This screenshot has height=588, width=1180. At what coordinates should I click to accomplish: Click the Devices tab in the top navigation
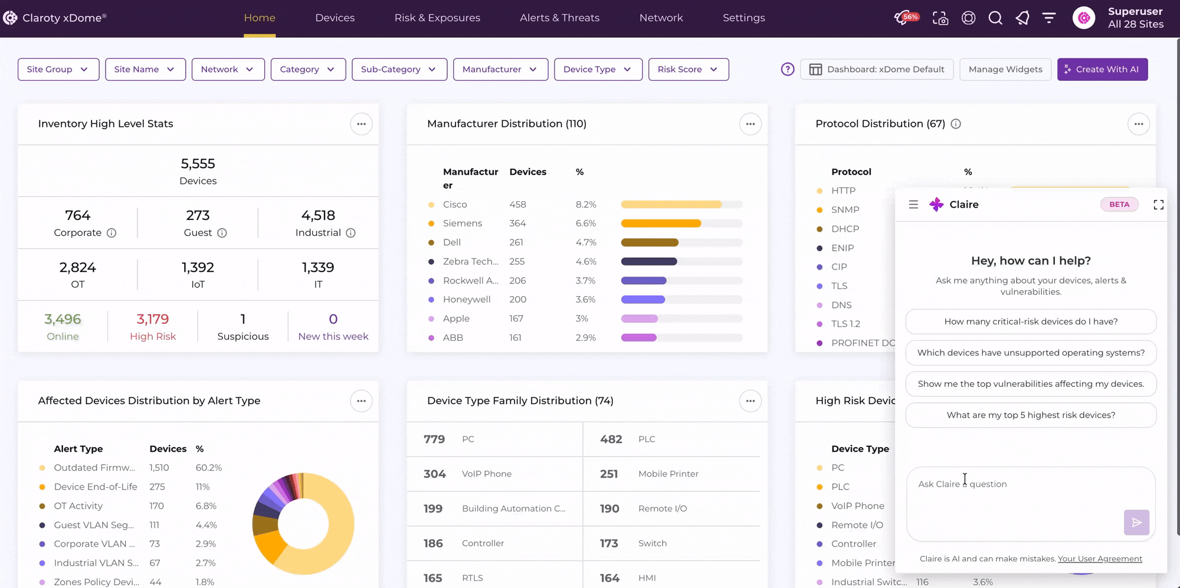335,18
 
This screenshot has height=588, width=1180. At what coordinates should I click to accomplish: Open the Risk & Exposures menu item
437,18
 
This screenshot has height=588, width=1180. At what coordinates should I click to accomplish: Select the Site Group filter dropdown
58,69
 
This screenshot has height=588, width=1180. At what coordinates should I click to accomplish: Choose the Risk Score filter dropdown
688,69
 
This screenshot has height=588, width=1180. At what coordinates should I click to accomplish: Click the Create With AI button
1102,69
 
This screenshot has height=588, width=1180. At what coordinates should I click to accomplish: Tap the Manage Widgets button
1005,69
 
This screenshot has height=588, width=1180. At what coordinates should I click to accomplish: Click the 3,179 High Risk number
153,319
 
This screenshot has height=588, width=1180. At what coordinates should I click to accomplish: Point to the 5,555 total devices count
198,163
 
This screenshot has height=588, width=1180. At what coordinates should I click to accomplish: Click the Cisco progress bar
681,205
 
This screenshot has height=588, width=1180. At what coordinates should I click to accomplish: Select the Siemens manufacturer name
463,224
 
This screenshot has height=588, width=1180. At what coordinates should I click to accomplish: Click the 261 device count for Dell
516,242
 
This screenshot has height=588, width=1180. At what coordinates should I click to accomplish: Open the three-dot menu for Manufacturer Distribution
750,124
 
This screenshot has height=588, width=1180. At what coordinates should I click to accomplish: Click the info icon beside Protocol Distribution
956,124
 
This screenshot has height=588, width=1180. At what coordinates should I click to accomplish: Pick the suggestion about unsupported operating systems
1031,353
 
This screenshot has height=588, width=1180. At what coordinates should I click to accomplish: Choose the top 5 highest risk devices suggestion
1031,415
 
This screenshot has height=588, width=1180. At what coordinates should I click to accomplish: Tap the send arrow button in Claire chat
1136,523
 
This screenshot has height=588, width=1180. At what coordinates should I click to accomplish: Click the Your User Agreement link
1100,559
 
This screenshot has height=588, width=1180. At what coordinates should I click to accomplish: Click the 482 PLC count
611,439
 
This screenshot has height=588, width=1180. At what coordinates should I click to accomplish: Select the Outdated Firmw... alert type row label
94,468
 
